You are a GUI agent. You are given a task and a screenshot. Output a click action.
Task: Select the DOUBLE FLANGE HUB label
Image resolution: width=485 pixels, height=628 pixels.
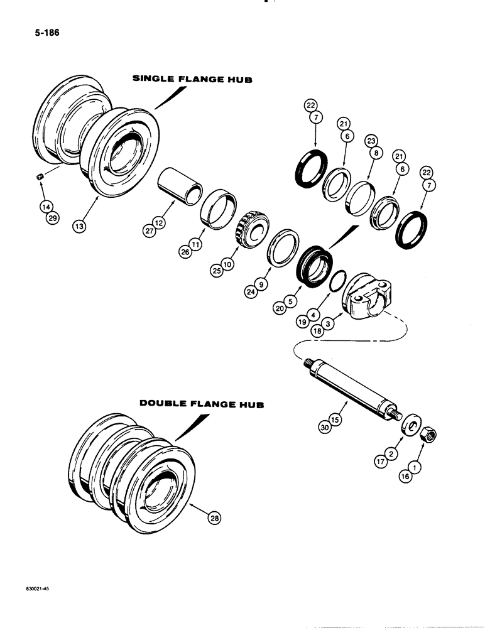202,405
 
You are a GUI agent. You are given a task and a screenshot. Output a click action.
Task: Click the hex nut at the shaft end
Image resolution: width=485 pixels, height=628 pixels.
432,432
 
